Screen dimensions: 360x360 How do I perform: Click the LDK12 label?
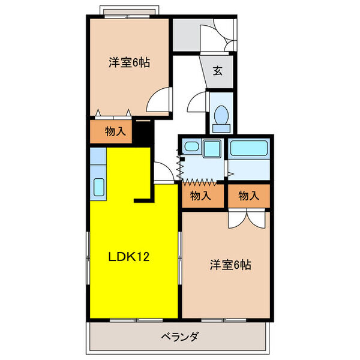(x=128, y=257)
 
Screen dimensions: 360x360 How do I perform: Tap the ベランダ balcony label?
(x=179, y=337)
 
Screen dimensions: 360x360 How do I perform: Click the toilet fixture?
(x=220, y=115)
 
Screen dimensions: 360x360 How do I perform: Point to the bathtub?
(x=248, y=148)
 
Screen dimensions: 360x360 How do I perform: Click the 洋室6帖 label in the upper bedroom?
(x=128, y=61)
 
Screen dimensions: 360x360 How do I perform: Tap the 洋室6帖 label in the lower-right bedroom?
(x=230, y=263)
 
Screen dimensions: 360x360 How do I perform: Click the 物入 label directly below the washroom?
(x=201, y=195)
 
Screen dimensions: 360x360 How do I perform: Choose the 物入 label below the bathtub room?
(x=248, y=195)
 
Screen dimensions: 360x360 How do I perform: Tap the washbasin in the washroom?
(x=211, y=148)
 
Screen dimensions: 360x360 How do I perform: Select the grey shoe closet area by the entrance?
(x=185, y=36)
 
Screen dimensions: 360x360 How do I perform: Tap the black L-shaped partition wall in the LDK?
(x=144, y=198)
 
